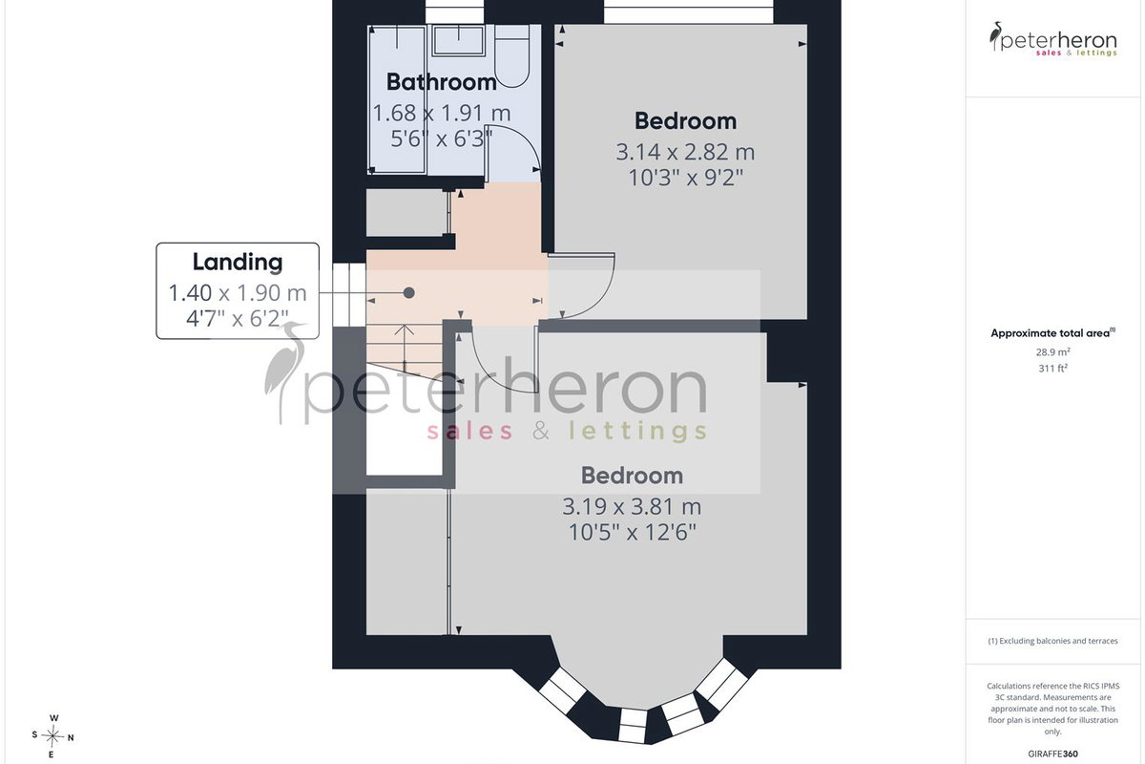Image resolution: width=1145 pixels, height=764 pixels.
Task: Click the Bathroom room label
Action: point(441,82)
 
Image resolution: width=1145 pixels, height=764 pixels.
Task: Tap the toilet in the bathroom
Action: point(511,55)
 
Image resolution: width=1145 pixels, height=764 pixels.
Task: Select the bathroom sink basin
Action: point(459,40)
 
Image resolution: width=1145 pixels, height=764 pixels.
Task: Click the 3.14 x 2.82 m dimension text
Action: point(685,152)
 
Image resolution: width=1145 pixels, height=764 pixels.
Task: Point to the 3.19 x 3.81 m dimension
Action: point(632,506)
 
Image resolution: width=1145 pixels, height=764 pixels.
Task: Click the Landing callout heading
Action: point(238,262)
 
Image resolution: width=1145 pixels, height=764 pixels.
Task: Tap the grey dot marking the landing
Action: point(409,292)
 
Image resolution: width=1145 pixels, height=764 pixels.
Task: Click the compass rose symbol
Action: point(52,736)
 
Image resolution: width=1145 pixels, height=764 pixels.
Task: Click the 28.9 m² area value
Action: point(1052,352)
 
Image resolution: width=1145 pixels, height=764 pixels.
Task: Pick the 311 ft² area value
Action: point(1052,368)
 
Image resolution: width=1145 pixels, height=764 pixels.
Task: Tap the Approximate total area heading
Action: point(1052,333)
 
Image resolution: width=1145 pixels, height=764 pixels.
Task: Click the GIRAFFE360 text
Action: point(1052,753)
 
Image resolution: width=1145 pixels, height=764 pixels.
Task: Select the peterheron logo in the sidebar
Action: point(1052,39)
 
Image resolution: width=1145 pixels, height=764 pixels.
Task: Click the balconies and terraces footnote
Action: point(1052,641)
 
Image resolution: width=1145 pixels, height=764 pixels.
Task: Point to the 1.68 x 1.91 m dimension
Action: point(442,113)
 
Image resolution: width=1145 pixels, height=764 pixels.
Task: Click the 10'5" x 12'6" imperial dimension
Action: point(632,533)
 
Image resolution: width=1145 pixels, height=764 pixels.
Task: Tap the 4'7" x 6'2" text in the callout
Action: point(238,319)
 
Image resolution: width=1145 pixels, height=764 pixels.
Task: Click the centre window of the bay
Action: point(633,725)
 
